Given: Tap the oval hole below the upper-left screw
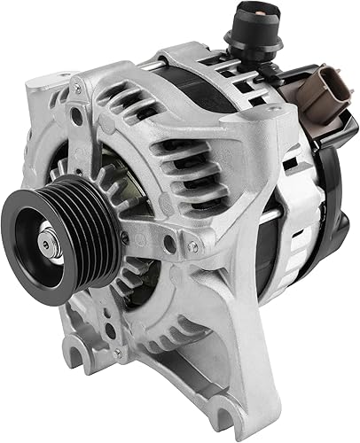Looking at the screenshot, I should pyautogui.click(x=77, y=114).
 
